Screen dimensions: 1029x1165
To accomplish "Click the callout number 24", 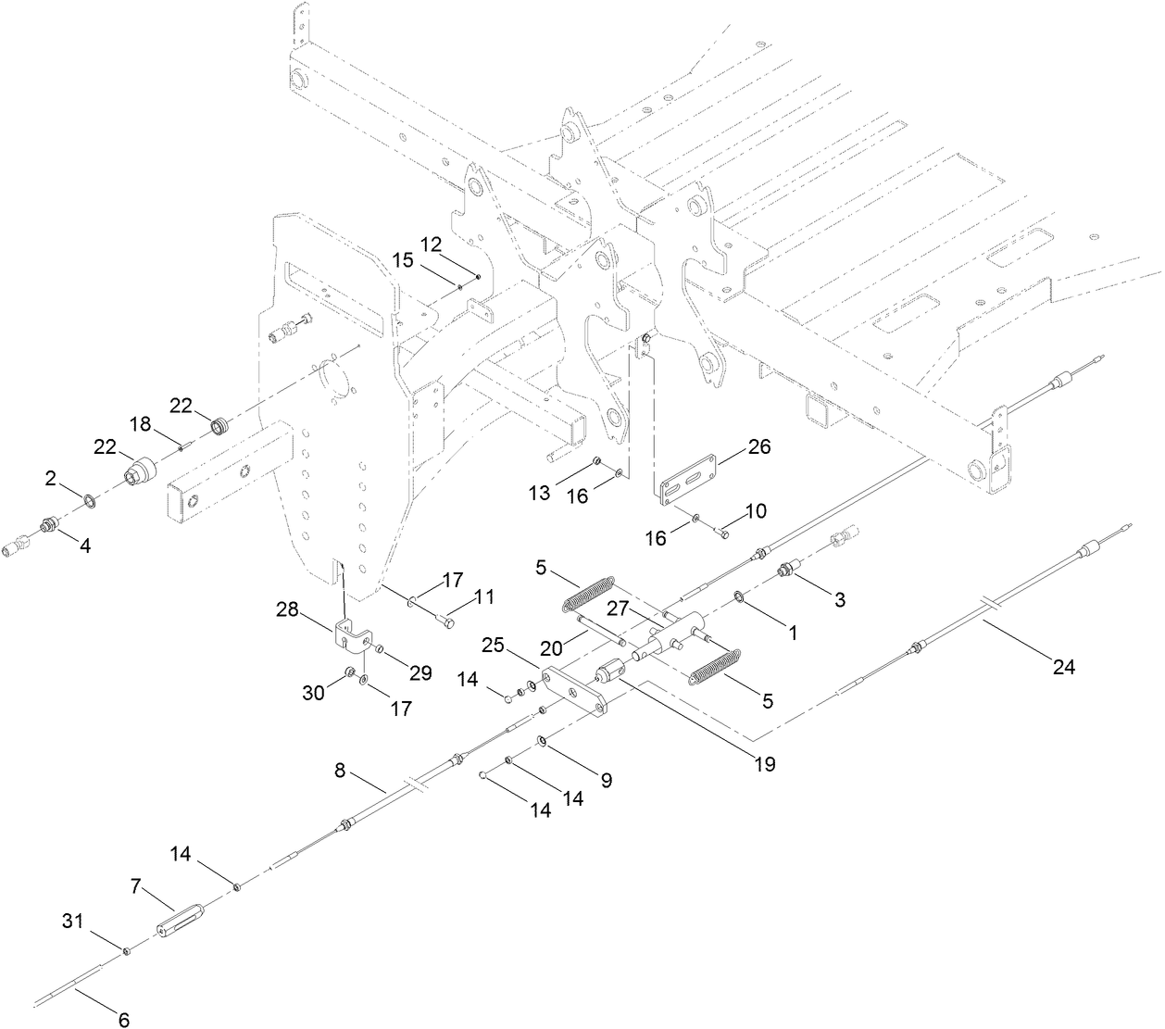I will pyautogui.click(x=1063, y=665).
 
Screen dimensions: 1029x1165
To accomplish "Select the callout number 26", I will pyautogui.click(x=758, y=448).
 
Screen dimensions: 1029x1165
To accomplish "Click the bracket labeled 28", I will pyautogui.click(x=351, y=635).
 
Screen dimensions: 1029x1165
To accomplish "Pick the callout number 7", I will pyautogui.click(x=135, y=886).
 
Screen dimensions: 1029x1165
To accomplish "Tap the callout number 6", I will pyautogui.click(x=123, y=1020).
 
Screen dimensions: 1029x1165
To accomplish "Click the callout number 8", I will pyautogui.click(x=340, y=769).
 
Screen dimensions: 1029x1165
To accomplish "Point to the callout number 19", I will pyautogui.click(x=764, y=765).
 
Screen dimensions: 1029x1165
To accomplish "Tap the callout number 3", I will pyautogui.click(x=839, y=599).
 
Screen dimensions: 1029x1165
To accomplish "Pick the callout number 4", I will pyautogui.click(x=84, y=546).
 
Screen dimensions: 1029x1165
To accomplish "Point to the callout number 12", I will pyautogui.click(x=432, y=244).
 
